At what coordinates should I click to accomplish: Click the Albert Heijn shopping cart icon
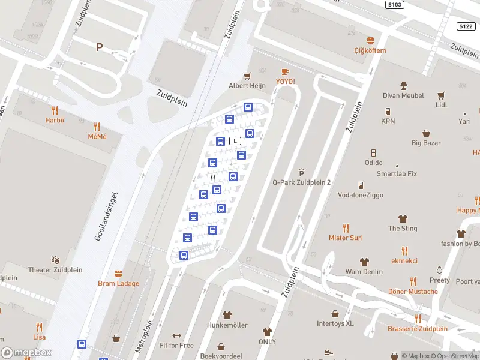247,76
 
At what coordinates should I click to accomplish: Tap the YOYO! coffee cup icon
285,72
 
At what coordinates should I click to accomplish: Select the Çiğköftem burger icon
370,40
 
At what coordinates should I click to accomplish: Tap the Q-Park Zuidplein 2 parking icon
301,173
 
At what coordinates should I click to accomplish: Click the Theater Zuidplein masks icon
56,260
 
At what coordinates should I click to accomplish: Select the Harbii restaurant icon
55,110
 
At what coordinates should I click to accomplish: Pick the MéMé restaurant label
97,136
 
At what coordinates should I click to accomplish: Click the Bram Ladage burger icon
118,274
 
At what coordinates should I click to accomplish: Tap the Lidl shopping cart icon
442,95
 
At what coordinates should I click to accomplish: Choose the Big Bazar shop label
425,143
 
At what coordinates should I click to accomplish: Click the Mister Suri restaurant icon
346,228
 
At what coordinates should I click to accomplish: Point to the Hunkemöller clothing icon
227,314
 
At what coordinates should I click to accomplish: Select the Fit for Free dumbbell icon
176,335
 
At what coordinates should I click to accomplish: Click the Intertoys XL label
336,323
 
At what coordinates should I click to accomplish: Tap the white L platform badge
236,141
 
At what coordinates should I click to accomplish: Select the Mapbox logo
26,353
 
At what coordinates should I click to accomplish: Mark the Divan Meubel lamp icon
403,85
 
